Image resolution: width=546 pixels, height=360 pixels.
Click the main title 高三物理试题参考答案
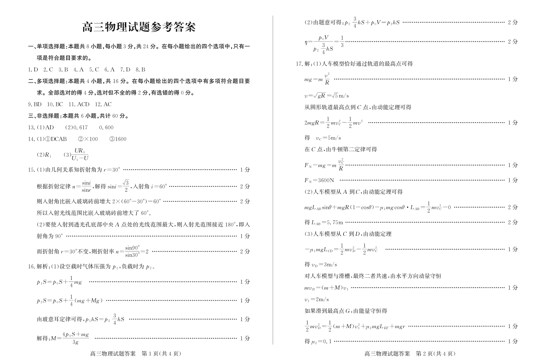pos(139,27)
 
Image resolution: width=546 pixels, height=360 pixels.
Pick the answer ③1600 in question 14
pos(118,139)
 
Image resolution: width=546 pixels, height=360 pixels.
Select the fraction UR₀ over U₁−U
pos(80,154)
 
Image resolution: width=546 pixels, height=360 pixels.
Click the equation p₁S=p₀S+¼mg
pos(59,282)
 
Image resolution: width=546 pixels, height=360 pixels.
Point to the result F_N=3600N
pos(319,180)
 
